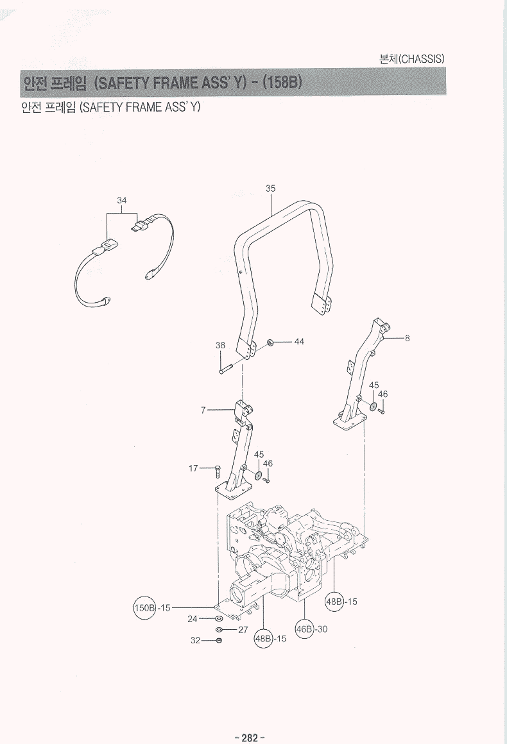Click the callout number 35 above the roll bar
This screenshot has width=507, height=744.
[270, 188]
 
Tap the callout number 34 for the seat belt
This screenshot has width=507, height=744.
[122, 200]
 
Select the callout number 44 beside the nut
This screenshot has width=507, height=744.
[299, 341]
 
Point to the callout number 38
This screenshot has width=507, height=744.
[220, 345]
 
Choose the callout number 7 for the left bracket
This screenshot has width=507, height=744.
[203, 410]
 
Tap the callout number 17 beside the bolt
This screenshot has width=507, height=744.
[193, 468]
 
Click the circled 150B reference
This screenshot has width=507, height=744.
[144, 607]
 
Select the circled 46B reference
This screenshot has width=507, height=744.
[304, 629]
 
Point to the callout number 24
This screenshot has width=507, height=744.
[192, 619]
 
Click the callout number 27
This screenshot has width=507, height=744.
[243, 630]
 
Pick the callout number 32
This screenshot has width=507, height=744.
[196, 640]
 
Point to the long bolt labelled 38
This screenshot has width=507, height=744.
[227, 370]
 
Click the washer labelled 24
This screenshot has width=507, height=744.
[219, 618]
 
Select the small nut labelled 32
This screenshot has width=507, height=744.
[219, 640]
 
